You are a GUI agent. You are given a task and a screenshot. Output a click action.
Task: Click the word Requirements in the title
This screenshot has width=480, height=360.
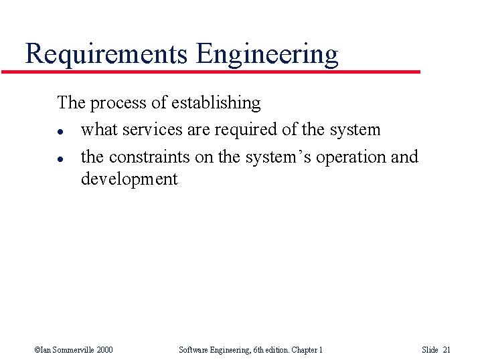[x=105, y=54]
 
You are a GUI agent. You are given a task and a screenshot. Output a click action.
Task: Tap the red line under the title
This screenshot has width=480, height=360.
[x=211, y=72]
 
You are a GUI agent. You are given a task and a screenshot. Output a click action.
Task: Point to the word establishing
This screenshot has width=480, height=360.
[x=216, y=103]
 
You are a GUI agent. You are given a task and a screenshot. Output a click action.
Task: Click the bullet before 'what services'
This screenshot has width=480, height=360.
[x=60, y=130]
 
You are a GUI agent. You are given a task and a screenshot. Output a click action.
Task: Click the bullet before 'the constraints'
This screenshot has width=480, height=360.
[x=60, y=158]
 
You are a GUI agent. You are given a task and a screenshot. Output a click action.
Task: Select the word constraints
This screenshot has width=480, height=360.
[x=149, y=157]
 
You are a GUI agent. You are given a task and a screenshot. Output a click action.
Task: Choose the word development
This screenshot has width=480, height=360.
[x=129, y=179]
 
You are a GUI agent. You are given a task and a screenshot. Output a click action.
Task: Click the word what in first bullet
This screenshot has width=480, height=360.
[x=96, y=130]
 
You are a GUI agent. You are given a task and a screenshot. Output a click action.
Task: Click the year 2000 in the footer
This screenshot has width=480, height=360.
[x=104, y=349]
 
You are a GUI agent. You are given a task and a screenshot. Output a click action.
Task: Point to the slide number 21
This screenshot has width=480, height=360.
[x=447, y=349]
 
